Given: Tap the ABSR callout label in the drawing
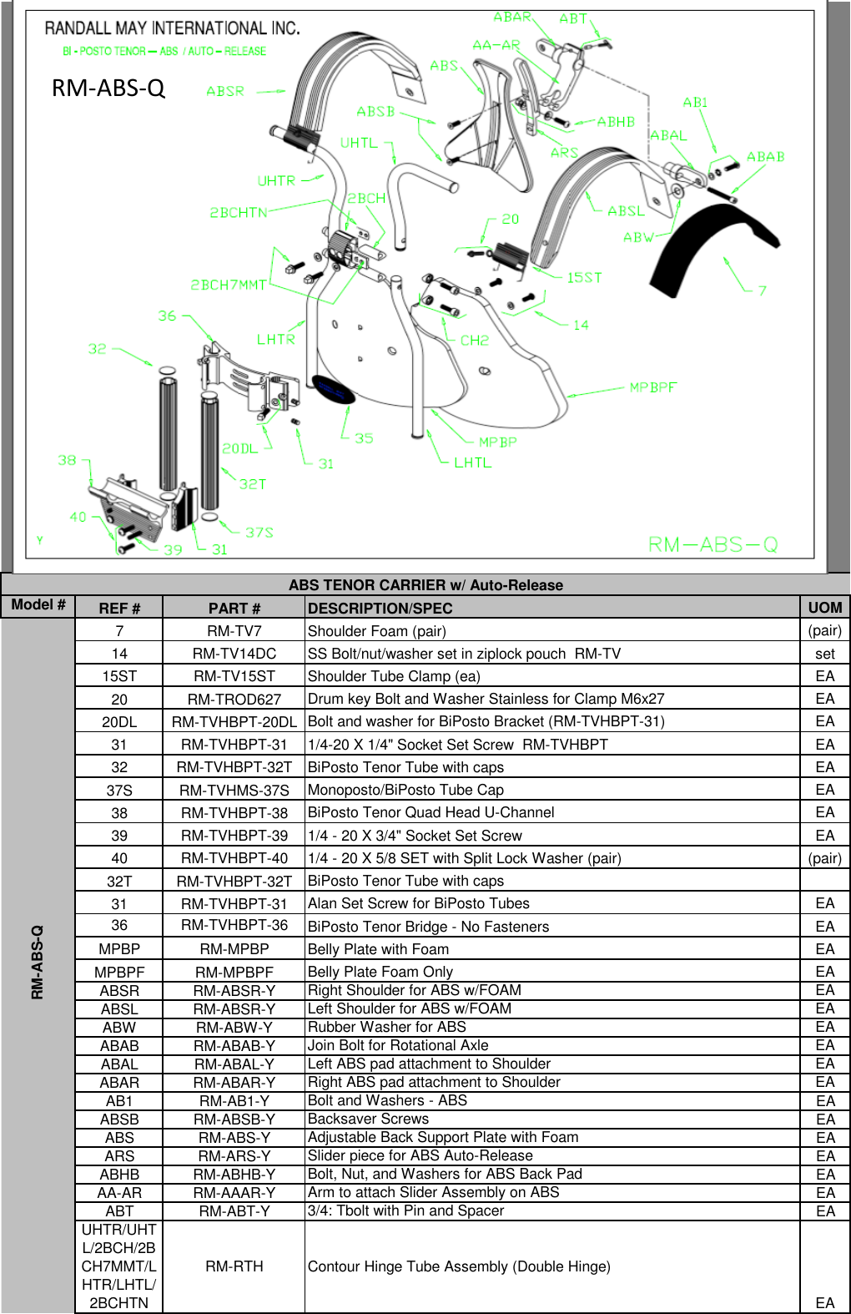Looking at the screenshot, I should pyautogui.click(x=225, y=92).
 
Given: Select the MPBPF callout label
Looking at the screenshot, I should pyautogui.click(x=653, y=387).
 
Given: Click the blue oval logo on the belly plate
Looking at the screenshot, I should pyautogui.click(x=333, y=388).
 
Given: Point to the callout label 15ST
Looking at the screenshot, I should pyautogui.click(x=584, y=277).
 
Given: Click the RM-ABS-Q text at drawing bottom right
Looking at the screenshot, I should pyautogui.click(x=713, y=544).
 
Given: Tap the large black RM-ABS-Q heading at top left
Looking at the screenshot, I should pyautogui.click(x=108, y=88).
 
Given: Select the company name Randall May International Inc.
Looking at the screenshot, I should pyautogui.click(x=173, y=28).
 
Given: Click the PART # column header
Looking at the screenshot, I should pyautogui.click(x=234, y=609).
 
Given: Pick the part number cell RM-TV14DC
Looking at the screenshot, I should pyautogui.click(x=234, y=654).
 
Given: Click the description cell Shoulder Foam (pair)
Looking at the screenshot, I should pyautogui.click(x=377, y=631).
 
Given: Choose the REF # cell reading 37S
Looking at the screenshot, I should pyautogui.click(x=119, y=790).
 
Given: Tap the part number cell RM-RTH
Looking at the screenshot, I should pyautogui.click(x=234, y=1266).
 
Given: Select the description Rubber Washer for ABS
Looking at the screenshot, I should pyautogui.click(x=387, y=1027).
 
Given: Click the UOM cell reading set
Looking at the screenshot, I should pyautogui.click(x=824, y=654).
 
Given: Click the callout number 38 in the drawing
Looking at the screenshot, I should pyautogui.click(x=68, y=460).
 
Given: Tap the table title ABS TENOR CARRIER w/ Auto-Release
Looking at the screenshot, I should pyautogui.click(x=425, y=585).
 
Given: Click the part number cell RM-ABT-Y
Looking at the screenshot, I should pyautogui.click(x=234, y=1211).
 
